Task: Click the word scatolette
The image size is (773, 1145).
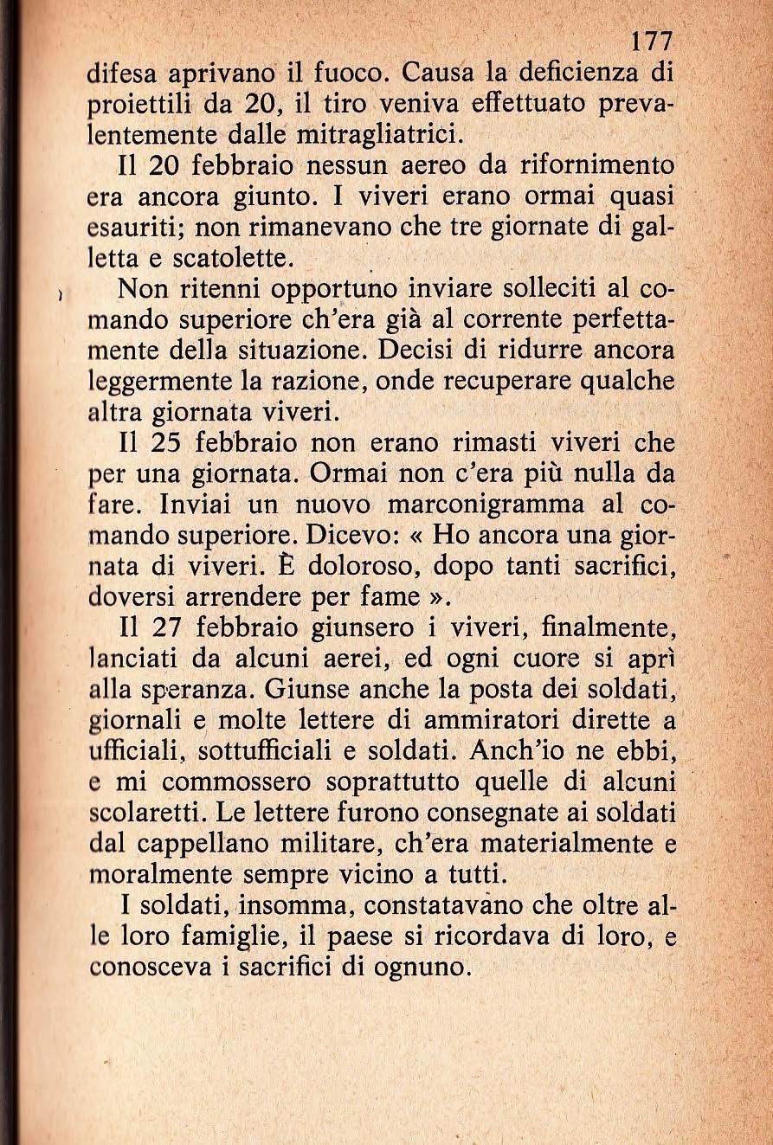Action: coord(226,257)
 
